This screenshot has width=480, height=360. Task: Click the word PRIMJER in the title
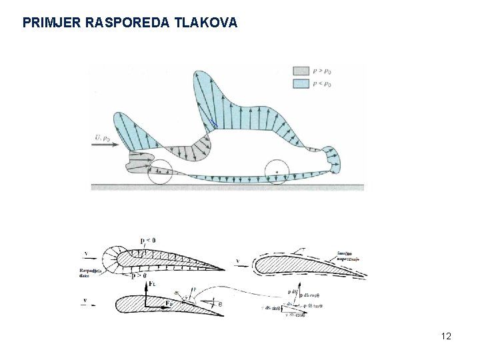coord(49,23)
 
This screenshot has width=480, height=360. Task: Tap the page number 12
coord(446,336)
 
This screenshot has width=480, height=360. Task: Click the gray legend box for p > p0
coord(301,70)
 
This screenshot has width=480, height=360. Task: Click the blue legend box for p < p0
coord(301,83)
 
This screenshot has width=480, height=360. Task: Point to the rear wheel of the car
coord(276,171)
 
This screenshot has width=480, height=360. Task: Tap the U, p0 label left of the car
coord(103,137)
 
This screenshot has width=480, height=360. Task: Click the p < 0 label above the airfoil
coord(147,241)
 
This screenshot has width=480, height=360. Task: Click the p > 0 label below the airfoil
coord(147,275)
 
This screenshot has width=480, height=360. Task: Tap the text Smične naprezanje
coord(348,257)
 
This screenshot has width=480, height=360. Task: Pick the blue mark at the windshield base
coord(213,123)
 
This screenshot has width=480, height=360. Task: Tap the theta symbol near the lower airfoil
coord(221,305)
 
